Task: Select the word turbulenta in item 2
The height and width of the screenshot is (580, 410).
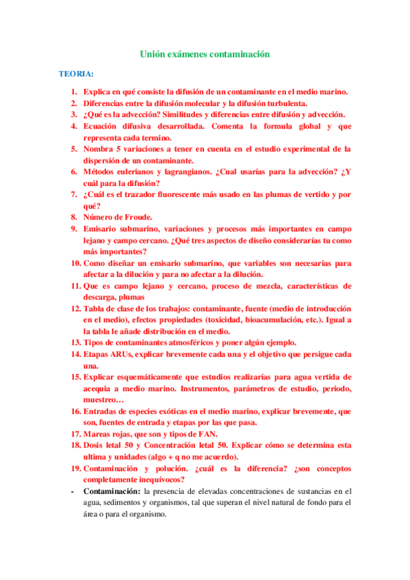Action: coord(283,103)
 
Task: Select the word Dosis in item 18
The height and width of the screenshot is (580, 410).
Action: coord(95,445)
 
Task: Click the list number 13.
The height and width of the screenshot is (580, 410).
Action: coord(75,343)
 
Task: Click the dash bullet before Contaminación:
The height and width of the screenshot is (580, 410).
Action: coord(73,491)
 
